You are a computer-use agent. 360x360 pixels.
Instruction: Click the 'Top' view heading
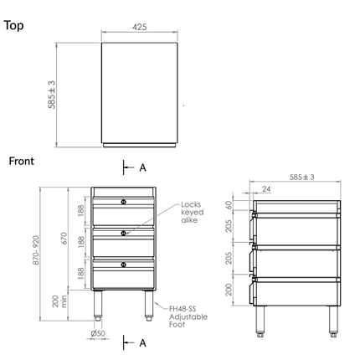(14, 25)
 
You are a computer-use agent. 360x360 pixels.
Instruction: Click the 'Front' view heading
(21, 161)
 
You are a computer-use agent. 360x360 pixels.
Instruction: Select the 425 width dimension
(140, 28)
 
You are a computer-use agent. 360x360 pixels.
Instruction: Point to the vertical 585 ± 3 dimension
(52, 95)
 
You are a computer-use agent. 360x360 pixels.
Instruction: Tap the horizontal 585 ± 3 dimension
(301, 177)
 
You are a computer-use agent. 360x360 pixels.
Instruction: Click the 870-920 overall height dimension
(36, 249)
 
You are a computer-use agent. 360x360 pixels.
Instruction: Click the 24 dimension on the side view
(265, 190)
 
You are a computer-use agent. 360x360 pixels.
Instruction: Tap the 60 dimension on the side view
(229, 204)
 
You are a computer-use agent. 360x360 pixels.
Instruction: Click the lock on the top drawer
(124, 202)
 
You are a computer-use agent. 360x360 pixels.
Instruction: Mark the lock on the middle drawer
(124, 233)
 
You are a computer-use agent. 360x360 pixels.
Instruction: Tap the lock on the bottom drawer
(124, 265)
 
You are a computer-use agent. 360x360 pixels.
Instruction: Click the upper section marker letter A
(142, 167)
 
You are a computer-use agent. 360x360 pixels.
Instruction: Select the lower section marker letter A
(142, 342)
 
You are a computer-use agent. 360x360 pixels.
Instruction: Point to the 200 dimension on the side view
(229, 289)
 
